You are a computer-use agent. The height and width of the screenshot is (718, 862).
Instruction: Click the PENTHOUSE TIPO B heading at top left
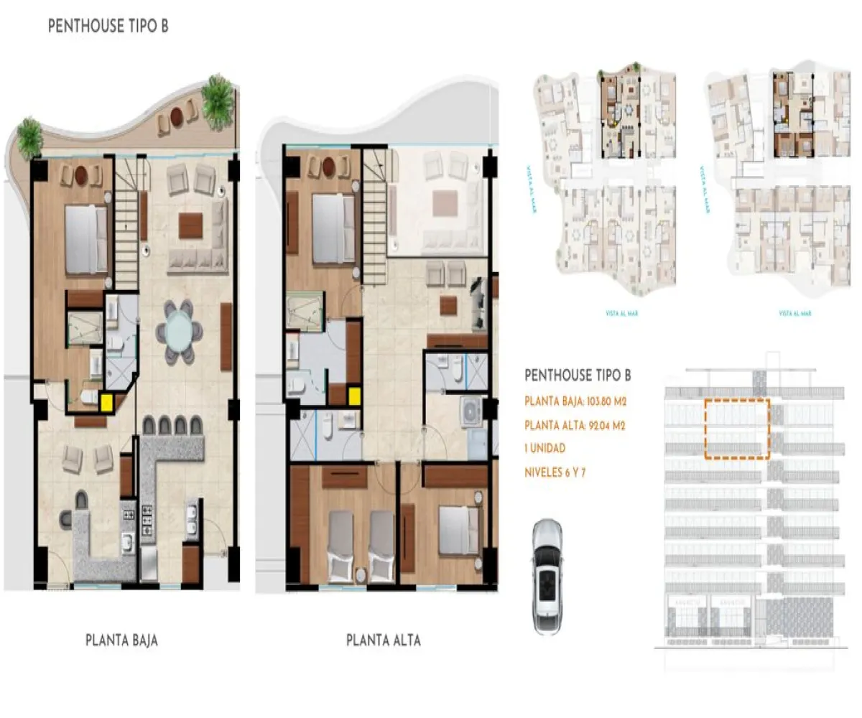[108, 27]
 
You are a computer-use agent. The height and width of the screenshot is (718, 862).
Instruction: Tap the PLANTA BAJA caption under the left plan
[121, 640]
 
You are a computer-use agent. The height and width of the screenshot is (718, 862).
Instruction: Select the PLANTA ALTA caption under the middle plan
[384, 640]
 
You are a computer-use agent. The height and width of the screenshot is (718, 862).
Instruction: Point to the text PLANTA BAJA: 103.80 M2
[575, 401]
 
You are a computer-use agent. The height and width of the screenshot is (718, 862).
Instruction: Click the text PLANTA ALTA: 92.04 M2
[575, 425]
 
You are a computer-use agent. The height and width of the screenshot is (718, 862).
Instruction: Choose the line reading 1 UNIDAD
[545, 449]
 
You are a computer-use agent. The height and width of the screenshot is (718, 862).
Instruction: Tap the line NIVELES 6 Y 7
[555, 472]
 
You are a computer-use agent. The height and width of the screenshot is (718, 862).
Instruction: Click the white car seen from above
[548, 577]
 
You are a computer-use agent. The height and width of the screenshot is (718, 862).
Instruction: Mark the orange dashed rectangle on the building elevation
[737, 429]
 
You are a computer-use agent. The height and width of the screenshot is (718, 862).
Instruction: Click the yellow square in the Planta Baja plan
[106, 403]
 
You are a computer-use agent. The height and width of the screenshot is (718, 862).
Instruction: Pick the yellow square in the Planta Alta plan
[354, 396]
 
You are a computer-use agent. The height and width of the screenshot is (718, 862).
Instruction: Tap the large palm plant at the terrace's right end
[218, 101]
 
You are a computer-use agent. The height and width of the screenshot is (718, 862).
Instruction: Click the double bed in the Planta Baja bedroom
[86, 240]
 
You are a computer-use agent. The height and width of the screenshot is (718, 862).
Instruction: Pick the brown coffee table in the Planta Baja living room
[191, 225]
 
